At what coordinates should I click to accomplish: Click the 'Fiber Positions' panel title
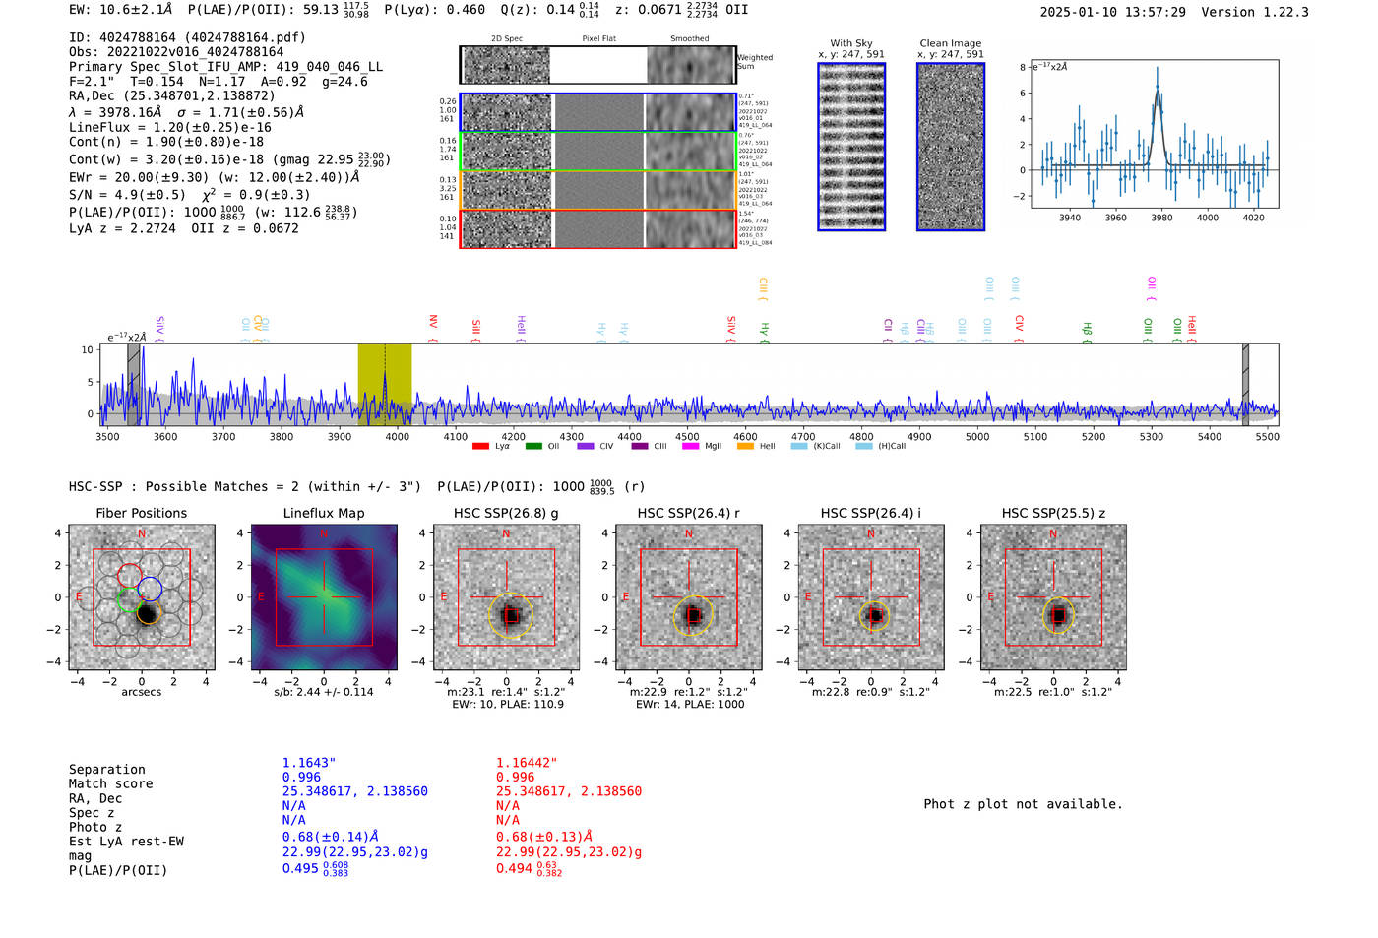[x=141, y=513]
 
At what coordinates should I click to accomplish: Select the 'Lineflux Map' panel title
[x=324, y=513]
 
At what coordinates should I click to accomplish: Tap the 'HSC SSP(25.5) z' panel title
[x=1053, y=513]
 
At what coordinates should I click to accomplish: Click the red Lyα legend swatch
[x=480, y=446]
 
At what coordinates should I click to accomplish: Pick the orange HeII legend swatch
[x=745, y=446]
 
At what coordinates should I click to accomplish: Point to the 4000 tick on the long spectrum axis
[x=398, y=436]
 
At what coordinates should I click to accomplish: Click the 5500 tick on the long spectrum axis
[x=1268, y=436]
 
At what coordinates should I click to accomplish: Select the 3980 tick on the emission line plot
[x=1161, y=218]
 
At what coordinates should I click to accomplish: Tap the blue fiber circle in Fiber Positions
[x=151, y=589]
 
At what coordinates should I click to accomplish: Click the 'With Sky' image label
[x=851, y=43]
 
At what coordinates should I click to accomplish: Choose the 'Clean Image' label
[x=951, y=43]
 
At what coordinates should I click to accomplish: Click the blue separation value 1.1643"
[x=309, y=763]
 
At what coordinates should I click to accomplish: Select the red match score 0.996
[x=515, y=777]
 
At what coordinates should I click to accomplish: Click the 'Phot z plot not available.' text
[x=1023, y=804]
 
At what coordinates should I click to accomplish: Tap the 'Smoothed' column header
[x=689, y=38]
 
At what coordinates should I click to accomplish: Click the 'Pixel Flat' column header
[x=598, y=38]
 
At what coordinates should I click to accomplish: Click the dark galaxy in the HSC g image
[x=509, y=616]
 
